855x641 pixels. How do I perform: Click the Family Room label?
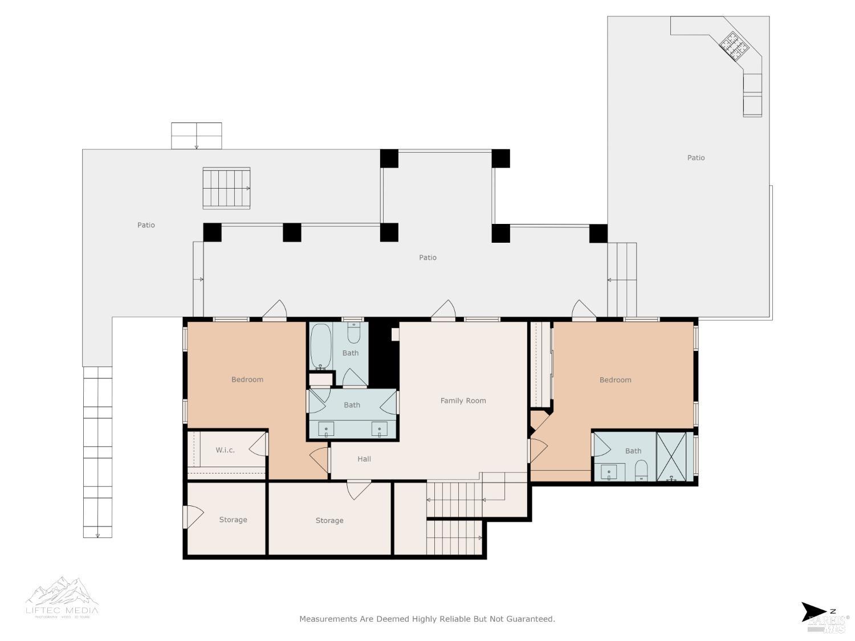tap(463, 401)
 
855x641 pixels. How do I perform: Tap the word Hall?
tap(364, 459)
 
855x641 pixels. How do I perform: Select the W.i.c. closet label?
tap(225, 450)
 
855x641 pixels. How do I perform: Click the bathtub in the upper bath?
tap(320, 346)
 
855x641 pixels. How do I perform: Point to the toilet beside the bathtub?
tap(354, 334)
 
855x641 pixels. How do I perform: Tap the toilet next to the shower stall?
tap(642, 471)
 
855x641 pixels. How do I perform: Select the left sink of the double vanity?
tap(326, 429)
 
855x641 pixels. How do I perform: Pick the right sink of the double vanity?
tap(380, 429)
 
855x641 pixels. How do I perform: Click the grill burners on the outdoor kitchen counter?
tap(734, 46)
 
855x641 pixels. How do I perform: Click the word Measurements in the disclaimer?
tap(328, 619)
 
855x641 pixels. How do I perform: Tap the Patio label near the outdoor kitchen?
tap(695, 158)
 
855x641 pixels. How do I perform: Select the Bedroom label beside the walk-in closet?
tap(247, 379)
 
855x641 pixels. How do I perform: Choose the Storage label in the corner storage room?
tap(233, 520)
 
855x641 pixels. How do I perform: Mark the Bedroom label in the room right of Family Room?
tap(615, 380)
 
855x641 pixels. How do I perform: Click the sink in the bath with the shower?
tap(609, 472)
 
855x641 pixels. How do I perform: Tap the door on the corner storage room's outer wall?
tap(193, 517)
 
